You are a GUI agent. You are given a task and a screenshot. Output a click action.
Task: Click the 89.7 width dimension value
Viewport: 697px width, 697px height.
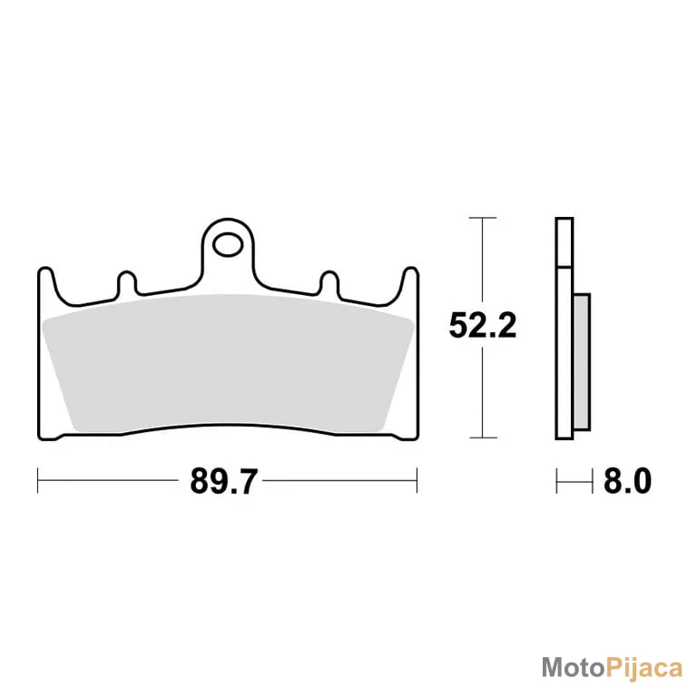click(x=223, y=481)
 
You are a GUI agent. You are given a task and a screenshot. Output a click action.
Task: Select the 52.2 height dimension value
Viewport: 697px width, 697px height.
click(x=483, y=326)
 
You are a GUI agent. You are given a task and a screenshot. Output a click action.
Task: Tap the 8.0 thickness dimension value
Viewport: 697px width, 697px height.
click(x=627, y=481)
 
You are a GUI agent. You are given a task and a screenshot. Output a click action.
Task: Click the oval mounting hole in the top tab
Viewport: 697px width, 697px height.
click(x=228, y=244)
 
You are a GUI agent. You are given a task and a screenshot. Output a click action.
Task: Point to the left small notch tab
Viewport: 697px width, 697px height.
click(x=127, y=282)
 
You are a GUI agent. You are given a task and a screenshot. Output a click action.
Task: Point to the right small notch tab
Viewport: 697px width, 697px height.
click(x=329, y=282)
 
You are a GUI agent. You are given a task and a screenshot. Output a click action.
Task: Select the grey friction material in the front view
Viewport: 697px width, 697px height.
click(x=228, y=362)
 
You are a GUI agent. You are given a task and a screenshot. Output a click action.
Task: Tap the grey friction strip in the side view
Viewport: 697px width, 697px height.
click(x=583, y=362)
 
